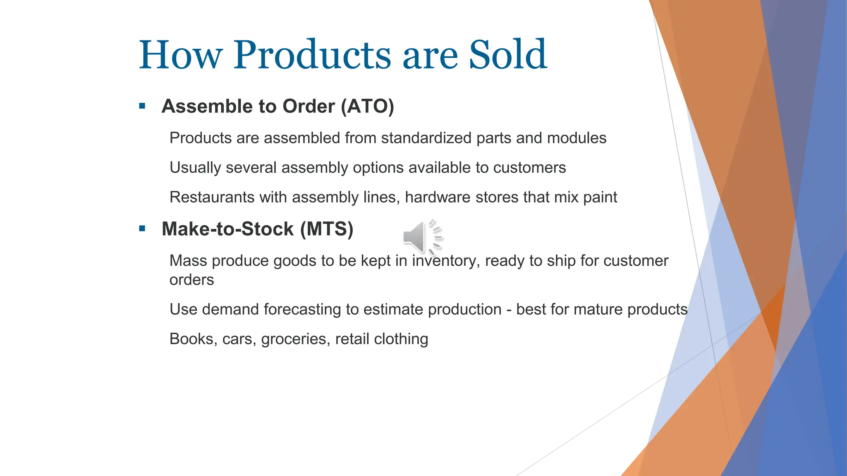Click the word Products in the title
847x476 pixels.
coord(312,55)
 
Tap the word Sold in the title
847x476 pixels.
coord(507,55)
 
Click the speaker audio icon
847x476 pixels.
coord(422,237)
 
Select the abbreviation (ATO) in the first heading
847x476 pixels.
coord(367,106)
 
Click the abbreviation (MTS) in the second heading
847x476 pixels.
coord(327,229)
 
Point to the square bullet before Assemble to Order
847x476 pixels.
coord(142,106)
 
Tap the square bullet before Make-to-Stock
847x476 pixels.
coord(142,228)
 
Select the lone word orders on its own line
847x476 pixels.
coord(191,280)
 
